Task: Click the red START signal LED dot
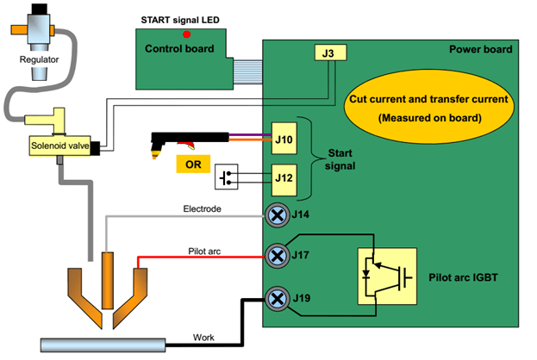[x=187, y=34]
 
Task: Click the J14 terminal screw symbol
[x=277, y=214]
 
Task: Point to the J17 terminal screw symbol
[x=277, y=255]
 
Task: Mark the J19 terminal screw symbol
[x=277, y=299]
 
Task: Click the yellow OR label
[x=193, y=163]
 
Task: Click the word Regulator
[x=39, y=59]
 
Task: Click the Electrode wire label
[x=203, y=208]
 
